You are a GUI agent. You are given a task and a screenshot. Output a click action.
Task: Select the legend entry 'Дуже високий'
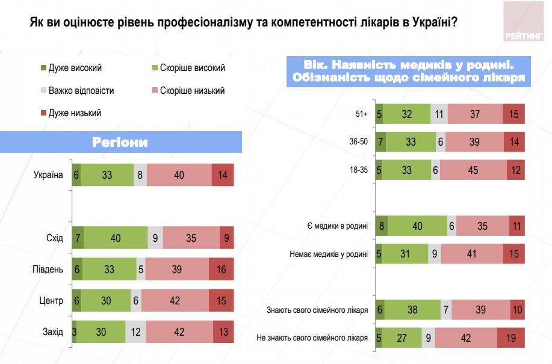click(x=70, y=68)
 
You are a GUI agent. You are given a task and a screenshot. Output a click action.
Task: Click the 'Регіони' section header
click(x=120, y=142)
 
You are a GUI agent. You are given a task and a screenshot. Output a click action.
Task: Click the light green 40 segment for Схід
click(x=115, y=238)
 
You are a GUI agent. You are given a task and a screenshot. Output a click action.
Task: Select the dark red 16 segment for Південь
click(x=221, y=269)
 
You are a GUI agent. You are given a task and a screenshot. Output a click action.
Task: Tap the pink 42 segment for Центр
click(x=175, y=300)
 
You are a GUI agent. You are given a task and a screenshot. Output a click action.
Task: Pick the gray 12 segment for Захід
click(x=135, y=332)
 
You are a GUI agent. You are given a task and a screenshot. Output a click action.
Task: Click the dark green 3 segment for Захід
click(x=74, y=332)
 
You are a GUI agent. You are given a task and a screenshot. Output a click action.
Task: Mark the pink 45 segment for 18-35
click(x=473, y=170)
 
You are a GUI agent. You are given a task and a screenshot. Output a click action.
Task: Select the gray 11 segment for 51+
click(x=439, y=114)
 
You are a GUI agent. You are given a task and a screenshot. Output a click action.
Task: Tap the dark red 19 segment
click(x=511, y=338)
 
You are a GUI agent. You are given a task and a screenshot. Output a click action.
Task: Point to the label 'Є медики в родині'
click(x=337, y=226)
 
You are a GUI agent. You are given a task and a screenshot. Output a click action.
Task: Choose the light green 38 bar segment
click(x=412, y=310)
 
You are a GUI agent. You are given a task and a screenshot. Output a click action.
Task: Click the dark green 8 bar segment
click(x=382, y=226)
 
